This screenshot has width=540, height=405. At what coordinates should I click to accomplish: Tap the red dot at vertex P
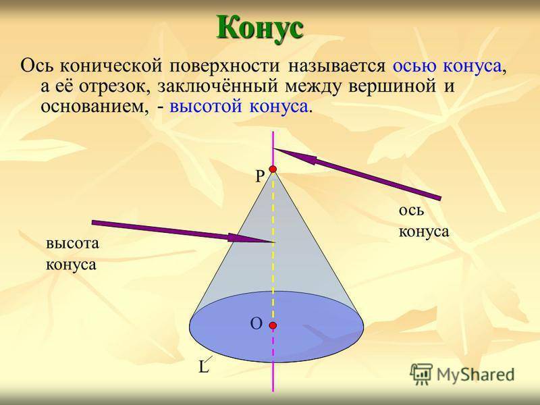point(273,169)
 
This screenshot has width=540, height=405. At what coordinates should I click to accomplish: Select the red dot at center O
point(273,325)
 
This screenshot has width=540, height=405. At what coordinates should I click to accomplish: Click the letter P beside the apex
point(260,177)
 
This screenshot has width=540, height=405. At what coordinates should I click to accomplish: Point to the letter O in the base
point(256,324)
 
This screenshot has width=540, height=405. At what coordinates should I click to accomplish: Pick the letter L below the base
point(204,367)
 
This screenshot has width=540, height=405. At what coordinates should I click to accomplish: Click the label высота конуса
point(72,254)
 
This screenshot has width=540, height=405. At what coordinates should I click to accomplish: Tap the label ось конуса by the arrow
point(424,221)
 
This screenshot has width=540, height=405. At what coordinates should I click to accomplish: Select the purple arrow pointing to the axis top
point(357,173)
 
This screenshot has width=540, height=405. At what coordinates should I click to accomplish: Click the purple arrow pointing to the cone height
point(183,232)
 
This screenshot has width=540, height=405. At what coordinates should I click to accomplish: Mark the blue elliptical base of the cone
point(277,327)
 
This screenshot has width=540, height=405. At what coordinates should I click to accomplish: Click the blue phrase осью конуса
point(447,65)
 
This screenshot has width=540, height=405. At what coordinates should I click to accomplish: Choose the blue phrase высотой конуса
point(238,107)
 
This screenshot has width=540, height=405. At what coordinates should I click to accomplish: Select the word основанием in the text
point(92,107)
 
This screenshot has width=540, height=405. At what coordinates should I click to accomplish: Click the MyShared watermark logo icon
point(421,374)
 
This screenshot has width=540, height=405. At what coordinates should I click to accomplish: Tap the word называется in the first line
point(336,65)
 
